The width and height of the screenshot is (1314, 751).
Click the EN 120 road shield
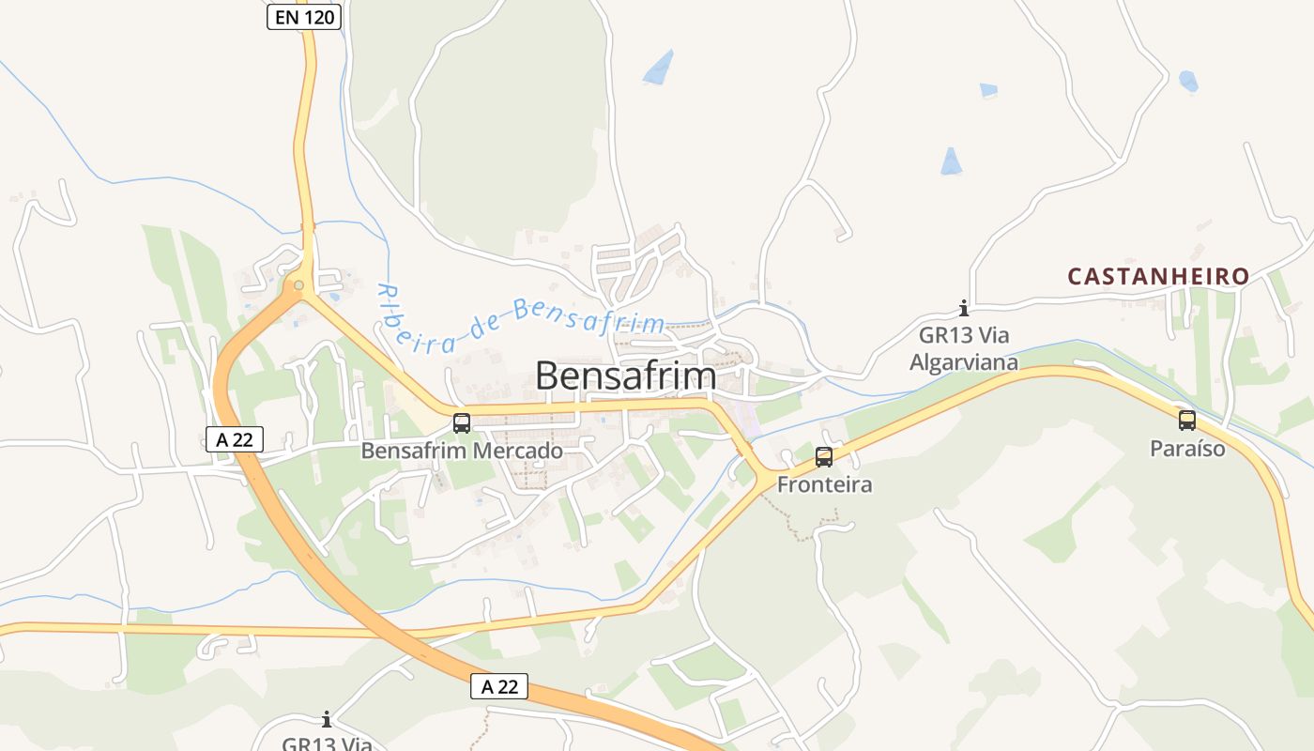coord(303,17)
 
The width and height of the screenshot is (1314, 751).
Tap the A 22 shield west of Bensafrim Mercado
coord(235,438)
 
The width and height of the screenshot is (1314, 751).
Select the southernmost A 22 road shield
coord(499,686)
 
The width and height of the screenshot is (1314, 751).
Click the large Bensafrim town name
coord(625,376)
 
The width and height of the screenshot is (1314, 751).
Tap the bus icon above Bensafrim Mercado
coord(462,423)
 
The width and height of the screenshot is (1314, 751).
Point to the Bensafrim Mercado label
coord(462,451)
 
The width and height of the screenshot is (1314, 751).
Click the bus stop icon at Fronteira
coord(824,457)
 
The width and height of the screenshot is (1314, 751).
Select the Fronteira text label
coord(824,484)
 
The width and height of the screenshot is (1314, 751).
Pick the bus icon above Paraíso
coord(1187,421)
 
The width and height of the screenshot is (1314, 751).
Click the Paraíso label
coord(1187,449)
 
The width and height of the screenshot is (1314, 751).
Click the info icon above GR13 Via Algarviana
coord(963,308)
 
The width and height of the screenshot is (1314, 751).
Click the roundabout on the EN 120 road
coord(298,285)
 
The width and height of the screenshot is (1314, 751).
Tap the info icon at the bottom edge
coord(327,720)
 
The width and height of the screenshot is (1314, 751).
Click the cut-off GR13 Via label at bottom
coord(327,743)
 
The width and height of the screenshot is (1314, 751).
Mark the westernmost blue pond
coord(660,67)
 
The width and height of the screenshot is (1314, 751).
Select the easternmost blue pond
coord(1188,81)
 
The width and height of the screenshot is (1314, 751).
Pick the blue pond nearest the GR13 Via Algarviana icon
coord(952,161)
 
